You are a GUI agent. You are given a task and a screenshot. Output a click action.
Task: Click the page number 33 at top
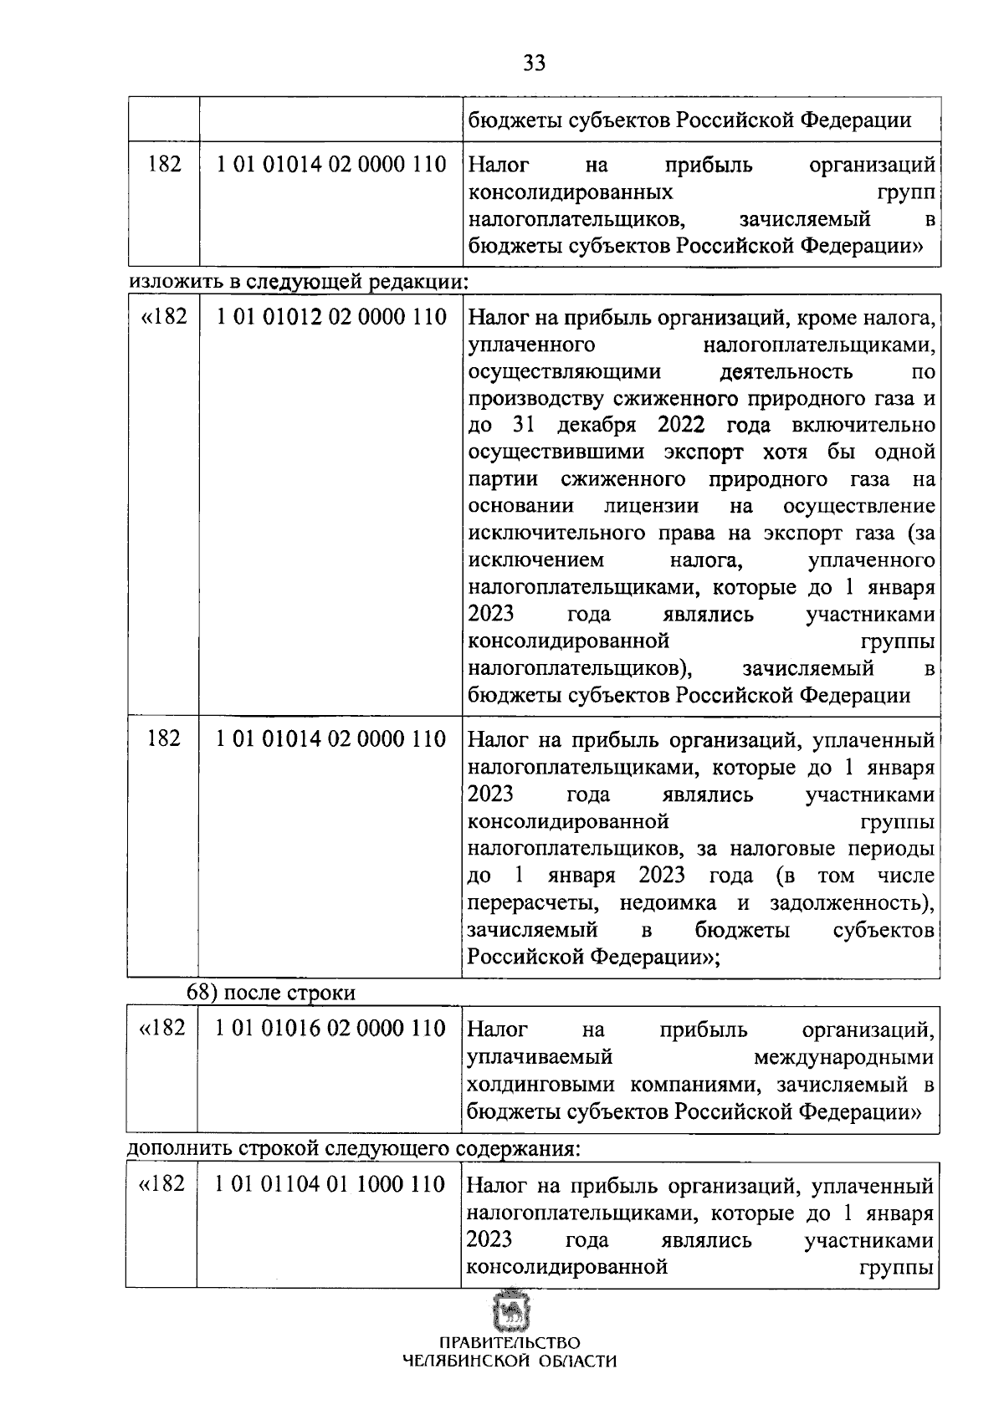pos(534,64)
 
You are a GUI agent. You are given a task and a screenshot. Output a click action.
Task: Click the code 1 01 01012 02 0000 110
pos(331,318)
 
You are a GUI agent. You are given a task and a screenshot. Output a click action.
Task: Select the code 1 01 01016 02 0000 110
pos(330,1028)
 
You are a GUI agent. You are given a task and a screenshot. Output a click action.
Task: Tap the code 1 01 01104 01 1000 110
pos(330,1184)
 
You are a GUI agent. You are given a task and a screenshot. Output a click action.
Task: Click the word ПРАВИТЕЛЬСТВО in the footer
pos(509,1343)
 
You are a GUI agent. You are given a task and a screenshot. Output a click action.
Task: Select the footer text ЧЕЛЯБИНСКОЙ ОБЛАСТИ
pos(509,1361)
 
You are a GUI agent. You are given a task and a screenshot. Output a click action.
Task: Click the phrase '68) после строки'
pos(271,993)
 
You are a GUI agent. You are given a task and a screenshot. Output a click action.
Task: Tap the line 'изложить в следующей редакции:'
pos(299,281)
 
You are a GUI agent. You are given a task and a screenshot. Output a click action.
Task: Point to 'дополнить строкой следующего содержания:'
pos(354,1148)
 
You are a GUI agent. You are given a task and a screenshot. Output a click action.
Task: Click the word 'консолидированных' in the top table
pos(571,192)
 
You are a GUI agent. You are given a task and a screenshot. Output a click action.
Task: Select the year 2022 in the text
pos(682,425)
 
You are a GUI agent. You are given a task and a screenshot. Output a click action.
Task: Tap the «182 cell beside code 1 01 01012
pos(163,318)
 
